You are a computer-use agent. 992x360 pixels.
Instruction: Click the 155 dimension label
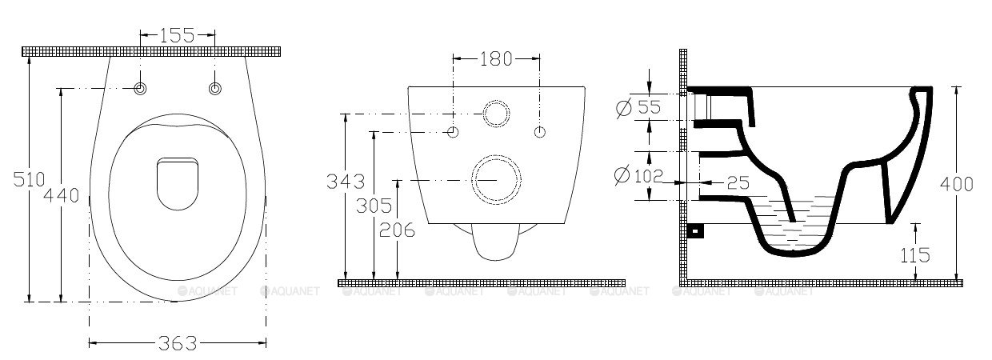(177, 35)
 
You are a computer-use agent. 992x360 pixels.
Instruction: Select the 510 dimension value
(30, 179)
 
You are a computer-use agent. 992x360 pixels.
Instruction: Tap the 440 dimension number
(61, 195)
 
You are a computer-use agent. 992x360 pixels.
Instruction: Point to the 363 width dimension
(178, 343)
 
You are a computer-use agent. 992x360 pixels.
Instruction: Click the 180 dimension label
(496, 59)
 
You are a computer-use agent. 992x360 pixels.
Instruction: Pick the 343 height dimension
(346, 182)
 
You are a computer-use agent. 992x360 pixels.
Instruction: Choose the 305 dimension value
(374, 206)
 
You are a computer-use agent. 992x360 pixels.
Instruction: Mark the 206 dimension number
(398, 230)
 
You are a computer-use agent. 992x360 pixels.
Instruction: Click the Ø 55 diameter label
(638, 107)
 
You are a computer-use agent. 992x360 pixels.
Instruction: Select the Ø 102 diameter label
(638, 176)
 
